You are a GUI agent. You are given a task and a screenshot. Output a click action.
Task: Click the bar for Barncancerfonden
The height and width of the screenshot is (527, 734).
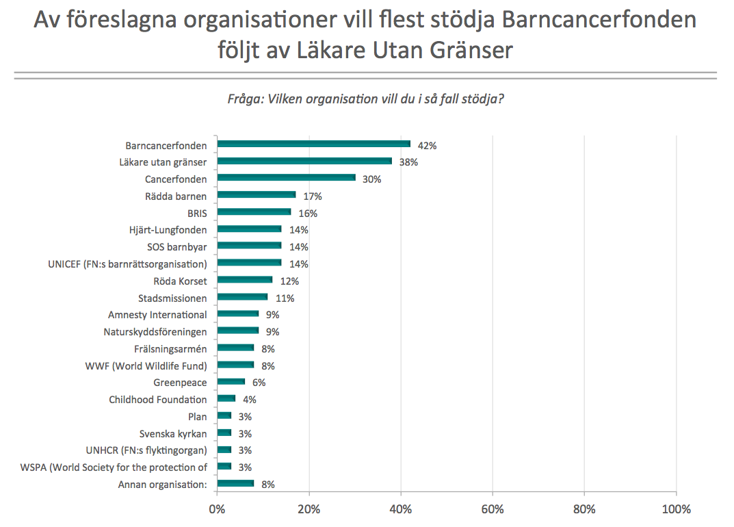tap(313, 144)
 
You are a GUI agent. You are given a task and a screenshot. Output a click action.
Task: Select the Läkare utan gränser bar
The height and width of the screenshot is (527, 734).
tap(304, 162)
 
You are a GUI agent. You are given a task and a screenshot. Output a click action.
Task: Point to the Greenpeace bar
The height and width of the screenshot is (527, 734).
tap(231, 382)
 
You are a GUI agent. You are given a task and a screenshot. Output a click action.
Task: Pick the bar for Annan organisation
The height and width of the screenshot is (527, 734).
tap(235, 484)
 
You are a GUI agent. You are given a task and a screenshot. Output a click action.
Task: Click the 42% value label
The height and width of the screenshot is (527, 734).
tap(428, 146)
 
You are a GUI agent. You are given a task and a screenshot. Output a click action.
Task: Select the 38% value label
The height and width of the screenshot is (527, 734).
tap(408, 162)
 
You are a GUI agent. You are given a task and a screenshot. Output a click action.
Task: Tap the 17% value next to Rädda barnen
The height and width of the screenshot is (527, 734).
tap(313, 196)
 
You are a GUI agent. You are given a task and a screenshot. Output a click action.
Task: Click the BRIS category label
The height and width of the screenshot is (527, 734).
tap(196, 213)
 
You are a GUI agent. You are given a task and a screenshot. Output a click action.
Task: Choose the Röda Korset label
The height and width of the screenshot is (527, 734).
tap(181, 281)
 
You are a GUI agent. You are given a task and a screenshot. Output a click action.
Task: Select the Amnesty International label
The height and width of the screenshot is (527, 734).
tap(157, 315)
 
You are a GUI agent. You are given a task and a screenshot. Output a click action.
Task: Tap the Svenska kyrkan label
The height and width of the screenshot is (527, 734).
tap(173, 433)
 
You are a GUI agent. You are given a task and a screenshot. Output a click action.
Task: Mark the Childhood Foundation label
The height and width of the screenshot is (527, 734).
tap(158, 400)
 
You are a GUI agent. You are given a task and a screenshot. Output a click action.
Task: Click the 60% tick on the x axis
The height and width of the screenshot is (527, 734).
tap(493, 509)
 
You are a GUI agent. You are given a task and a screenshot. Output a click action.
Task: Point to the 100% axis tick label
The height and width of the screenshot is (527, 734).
tap(676, 509)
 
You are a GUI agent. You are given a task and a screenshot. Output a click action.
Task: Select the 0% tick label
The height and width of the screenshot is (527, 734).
tap(217, 509)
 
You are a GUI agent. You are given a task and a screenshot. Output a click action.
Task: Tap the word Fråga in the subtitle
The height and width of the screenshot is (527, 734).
tap(244, 99)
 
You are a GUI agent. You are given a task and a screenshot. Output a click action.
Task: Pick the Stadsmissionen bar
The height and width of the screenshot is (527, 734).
tap(242, 297)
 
